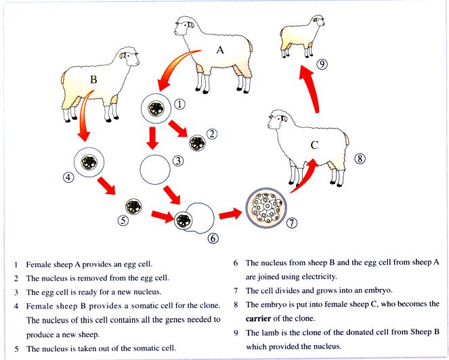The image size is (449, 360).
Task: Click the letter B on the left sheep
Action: pos(94,79)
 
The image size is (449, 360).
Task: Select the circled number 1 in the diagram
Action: pos(179,104)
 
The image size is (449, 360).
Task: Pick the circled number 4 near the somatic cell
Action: pos(68,178)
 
